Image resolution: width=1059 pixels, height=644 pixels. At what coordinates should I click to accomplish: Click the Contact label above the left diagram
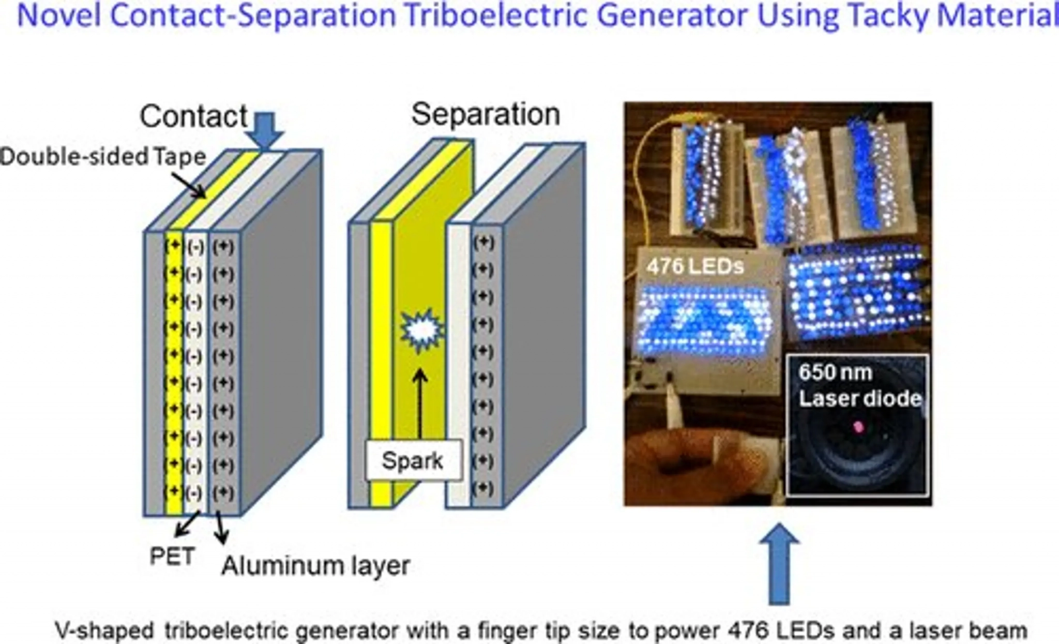tap(193, 116)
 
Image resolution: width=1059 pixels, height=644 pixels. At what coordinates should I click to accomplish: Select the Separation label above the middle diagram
tap(486, 114)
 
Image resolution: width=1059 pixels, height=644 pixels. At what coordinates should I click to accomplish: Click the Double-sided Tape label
tap(103, 157)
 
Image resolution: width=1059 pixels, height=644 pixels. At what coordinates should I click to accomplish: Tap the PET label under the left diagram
tap(172, 557)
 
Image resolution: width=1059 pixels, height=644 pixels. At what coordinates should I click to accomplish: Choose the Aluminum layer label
tap(315, 566)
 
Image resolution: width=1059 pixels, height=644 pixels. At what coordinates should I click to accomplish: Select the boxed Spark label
tap(413, 460)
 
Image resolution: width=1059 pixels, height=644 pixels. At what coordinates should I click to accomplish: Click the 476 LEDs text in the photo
tap(695, 266)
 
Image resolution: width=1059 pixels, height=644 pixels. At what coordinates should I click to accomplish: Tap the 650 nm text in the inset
tap(835, 372)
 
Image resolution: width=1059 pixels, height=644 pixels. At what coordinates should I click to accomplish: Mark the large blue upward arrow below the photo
tap(779, 564)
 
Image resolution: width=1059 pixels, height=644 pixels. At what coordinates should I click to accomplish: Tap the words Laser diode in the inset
tap(860, 398)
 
